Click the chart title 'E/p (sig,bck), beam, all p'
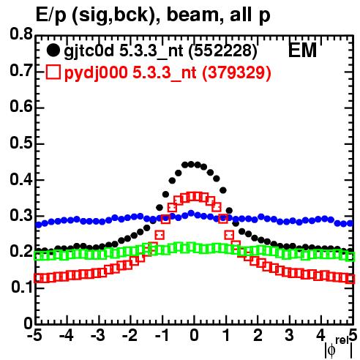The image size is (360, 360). point(153,15)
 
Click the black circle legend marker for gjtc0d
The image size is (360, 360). point(53,50)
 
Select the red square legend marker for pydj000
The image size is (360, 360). point(53,72)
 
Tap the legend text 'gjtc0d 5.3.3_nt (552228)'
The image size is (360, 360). point(160,51)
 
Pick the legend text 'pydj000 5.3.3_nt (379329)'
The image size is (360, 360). point(168,72)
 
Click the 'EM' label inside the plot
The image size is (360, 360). point(302,50)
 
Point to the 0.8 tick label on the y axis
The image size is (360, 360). point(21,34)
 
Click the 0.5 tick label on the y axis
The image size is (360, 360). point(21,143)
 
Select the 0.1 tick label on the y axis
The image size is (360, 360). point(21,288)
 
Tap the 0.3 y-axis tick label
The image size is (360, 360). point(21,216)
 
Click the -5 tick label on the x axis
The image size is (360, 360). point(34,335)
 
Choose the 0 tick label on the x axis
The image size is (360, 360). point(194,335)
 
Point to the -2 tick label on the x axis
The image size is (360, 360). point(130,335)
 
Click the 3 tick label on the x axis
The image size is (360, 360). point(290,335)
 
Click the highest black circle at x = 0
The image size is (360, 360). point(191,165)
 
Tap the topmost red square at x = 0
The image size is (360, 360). point(195,197)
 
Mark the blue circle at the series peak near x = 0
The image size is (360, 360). point(191,214)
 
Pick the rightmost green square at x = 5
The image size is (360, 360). point(350,257)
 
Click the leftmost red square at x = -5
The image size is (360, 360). point(38,278)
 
